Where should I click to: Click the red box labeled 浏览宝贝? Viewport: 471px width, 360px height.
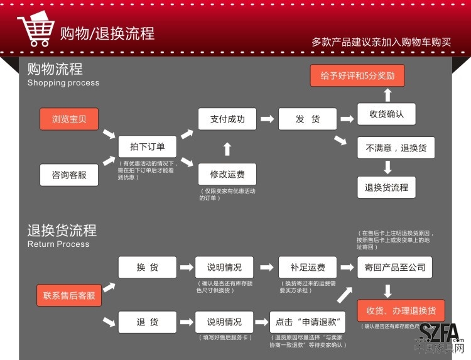click(70, 119)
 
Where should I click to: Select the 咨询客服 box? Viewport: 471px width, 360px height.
click(70, 174)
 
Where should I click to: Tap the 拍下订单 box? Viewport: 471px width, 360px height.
click(148, 146)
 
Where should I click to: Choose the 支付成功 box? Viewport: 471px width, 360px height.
click(227, 119)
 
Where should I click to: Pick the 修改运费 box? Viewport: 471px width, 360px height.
click(227, 174)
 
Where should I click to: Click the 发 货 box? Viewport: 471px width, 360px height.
click(307, 119)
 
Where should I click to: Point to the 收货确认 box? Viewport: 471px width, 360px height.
click(386, 114)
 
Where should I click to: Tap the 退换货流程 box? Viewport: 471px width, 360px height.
click(386, 187)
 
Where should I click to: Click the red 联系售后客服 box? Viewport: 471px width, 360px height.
click(69, 295)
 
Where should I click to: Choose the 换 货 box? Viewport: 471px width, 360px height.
click(148, 267)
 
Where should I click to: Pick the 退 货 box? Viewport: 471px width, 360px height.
click(148, 322)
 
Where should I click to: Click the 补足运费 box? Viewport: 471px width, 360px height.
click(307, 267)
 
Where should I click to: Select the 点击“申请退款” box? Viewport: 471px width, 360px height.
click(308, 322)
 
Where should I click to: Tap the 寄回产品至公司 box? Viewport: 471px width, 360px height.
click(395, 267)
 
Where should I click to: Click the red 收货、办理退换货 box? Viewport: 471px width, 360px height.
click(401, 310)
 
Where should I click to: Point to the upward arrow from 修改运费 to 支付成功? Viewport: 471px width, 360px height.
click(227, 148)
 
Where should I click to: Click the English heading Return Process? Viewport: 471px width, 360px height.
click(58, 244)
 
